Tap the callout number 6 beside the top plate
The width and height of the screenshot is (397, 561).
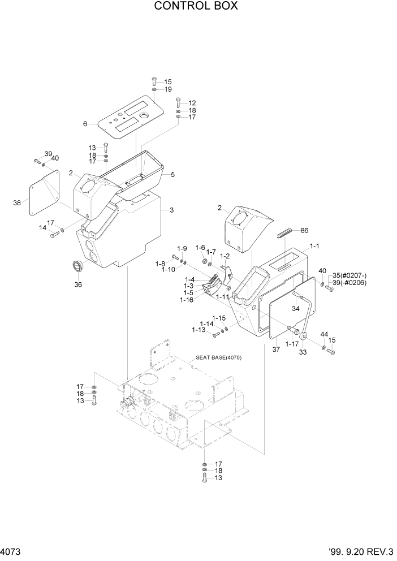(x=85, y=124)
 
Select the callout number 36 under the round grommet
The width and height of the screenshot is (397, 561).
(x=78, y=284)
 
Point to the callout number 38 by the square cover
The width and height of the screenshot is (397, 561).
(x=16, y=202)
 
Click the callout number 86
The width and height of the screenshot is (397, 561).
(x=304, y=231)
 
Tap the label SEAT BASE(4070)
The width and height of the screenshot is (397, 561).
(x=218, y=358)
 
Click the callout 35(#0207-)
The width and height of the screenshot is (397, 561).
(x=349, y=276)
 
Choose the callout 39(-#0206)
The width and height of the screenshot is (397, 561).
(x=349, y=283)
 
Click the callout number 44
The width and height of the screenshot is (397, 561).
(x=325, y=335)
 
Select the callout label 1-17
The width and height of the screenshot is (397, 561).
(x=292, y=343)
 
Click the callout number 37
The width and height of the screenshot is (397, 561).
(x=276, y=350)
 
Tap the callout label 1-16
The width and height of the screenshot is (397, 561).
(x=187, y=300)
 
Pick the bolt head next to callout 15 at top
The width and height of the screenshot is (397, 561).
(x=154, y=81)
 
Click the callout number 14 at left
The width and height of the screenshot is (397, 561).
(x=42, y=227)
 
